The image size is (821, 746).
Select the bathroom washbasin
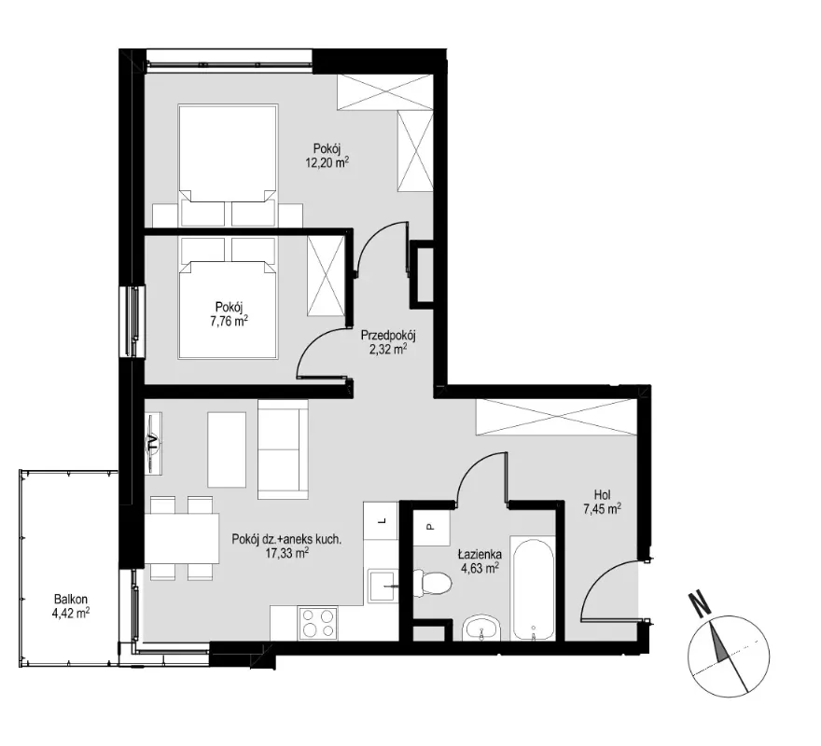tap(482, 628)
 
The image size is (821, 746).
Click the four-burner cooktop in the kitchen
tap(318, 623)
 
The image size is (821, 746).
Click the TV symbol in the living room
tap(153, 443)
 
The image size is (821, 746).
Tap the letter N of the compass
tap(699, 603)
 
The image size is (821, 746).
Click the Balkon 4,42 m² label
tap(71, 606)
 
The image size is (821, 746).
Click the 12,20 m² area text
tap(327, 162)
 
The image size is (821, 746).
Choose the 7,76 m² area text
tap(229, 321)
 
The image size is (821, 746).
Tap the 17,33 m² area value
tap(286, 552)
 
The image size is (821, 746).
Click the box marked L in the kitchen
tap(382, 520)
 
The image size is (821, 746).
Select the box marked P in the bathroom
tap(431, 528)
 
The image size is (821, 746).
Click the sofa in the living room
tap(283, 449)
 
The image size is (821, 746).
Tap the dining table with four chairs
tap(181, 538)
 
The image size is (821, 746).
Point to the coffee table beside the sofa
tap(227, 449)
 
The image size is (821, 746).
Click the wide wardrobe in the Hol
tap(557, 417)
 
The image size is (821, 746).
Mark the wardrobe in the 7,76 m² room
tap(327, 276)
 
